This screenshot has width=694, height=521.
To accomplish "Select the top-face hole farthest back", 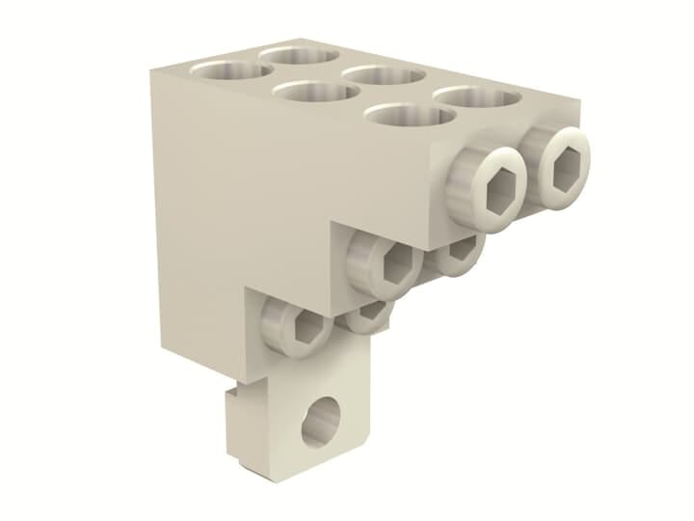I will tap(296, 54).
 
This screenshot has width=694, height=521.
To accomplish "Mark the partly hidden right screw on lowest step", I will tap(369, 315).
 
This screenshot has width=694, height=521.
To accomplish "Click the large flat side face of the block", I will tap(231, 193).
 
